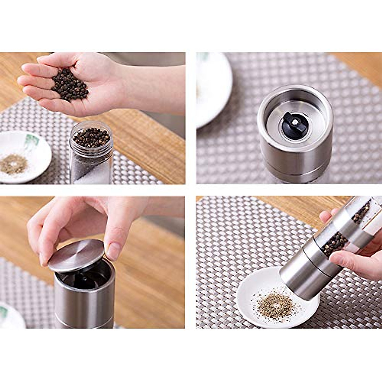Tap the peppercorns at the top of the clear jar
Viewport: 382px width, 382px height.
pyautogui.click(x=92, y=137)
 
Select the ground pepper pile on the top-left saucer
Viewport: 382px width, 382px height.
pyautogui.click(x=13, y=164)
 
